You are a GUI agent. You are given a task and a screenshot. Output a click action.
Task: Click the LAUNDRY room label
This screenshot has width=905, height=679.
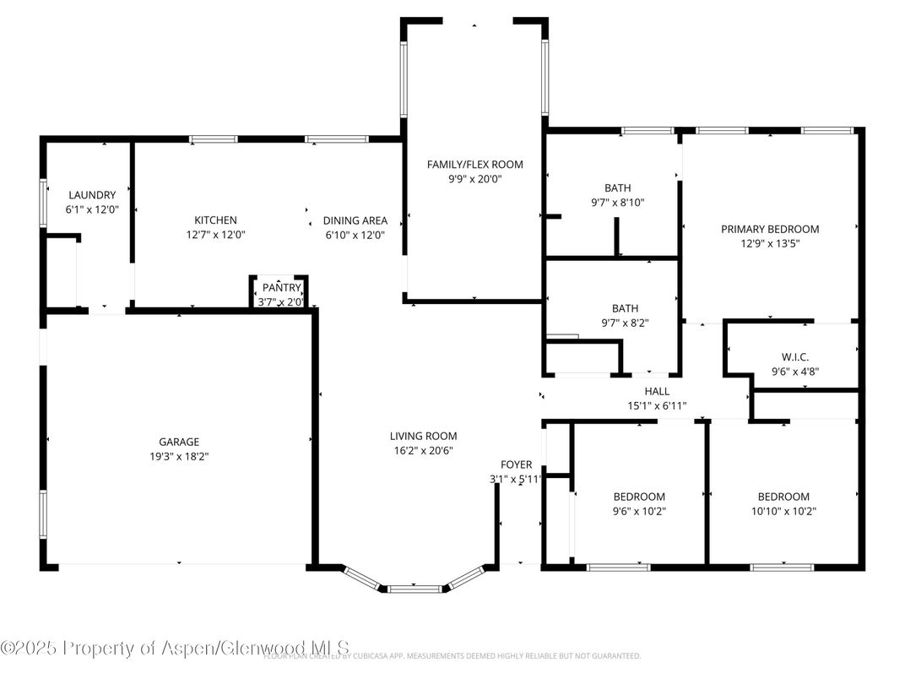[x=92, y=195]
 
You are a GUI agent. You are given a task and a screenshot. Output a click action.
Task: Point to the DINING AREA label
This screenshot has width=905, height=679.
[x=355, y=220]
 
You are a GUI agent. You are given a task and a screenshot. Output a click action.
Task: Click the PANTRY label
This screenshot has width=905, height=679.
[x=281, y=288]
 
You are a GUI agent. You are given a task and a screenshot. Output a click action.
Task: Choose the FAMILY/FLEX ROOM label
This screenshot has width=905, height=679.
[x=474, y=165]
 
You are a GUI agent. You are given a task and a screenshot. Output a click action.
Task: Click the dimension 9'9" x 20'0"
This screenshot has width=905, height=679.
[x=474, y=179]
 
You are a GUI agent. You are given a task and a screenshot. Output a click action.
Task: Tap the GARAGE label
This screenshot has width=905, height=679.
[x=179, y=442]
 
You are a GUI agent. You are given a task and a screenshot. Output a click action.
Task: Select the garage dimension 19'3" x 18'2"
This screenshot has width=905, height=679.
[x=179, y=456]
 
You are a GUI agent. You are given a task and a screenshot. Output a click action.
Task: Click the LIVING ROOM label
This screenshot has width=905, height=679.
[x=423, y=436]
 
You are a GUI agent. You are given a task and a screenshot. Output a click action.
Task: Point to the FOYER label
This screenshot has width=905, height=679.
[x=516, y=464]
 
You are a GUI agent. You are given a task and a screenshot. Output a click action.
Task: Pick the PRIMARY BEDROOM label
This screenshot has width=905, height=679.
[x=769, y=229]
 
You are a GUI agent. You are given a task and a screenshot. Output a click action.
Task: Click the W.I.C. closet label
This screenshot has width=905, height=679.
[x=795, y=357]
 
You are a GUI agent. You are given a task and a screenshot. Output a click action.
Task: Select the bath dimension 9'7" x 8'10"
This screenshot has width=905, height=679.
[x=617, y=202]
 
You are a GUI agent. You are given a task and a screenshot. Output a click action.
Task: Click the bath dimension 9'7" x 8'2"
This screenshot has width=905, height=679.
[x=625, y=323]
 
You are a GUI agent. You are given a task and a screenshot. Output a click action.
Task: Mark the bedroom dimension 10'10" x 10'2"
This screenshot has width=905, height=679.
[x=783, y=511]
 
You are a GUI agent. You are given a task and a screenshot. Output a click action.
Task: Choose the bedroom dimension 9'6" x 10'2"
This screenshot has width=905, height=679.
[x=638, y=511]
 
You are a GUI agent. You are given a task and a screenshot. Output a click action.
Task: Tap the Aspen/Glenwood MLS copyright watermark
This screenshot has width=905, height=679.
[x=175, y=648]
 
